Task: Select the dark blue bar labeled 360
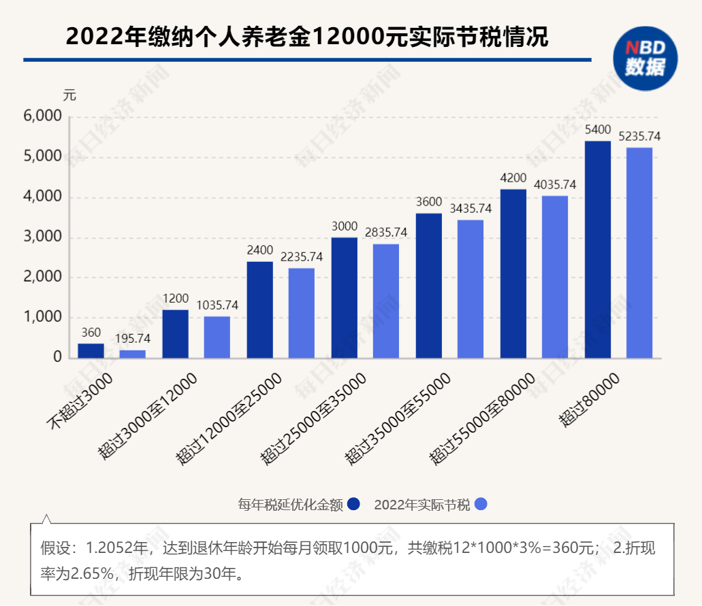click(x=91, y=350)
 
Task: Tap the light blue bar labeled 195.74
click(x=133, y=354)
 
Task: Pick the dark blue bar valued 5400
click(x=598, y=249)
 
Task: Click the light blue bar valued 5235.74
click(x=639, y=252)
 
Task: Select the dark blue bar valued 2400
click(x=259, y=309)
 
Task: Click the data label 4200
click(x=513, y=178)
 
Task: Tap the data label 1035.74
click(x=217, y=305)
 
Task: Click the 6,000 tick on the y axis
click(x=42, y=117)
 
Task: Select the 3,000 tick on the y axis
click(x=42, y=237)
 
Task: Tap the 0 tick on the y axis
click(x=57, y=357)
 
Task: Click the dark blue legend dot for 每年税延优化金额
click(x=353, y=504)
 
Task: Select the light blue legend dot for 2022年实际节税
click(x=481, y=504)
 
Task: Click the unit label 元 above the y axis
click(x=69, y=95)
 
